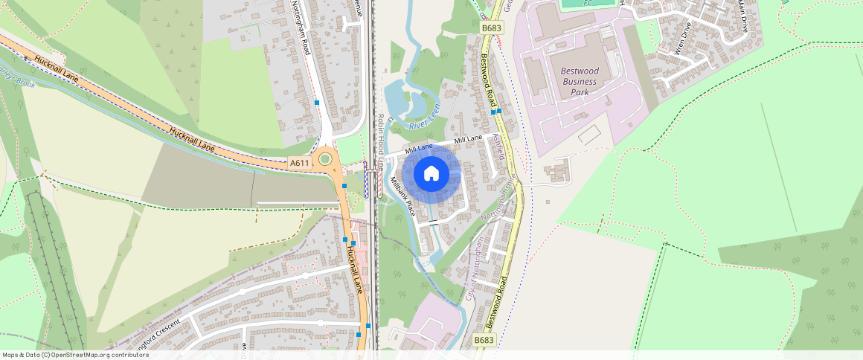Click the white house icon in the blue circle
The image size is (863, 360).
pos(431,174)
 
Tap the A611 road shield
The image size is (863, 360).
pos(299,163)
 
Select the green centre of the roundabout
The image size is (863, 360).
pos(325,158)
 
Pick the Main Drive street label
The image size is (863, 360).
pos(742,16)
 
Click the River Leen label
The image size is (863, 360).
pos(426,112)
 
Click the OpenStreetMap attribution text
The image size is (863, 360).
pos(74,355)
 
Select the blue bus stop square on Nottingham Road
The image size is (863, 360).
pos(317,102)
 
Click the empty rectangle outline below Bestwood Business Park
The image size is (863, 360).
pos(589,135)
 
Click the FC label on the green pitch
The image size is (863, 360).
pos(588,3)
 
